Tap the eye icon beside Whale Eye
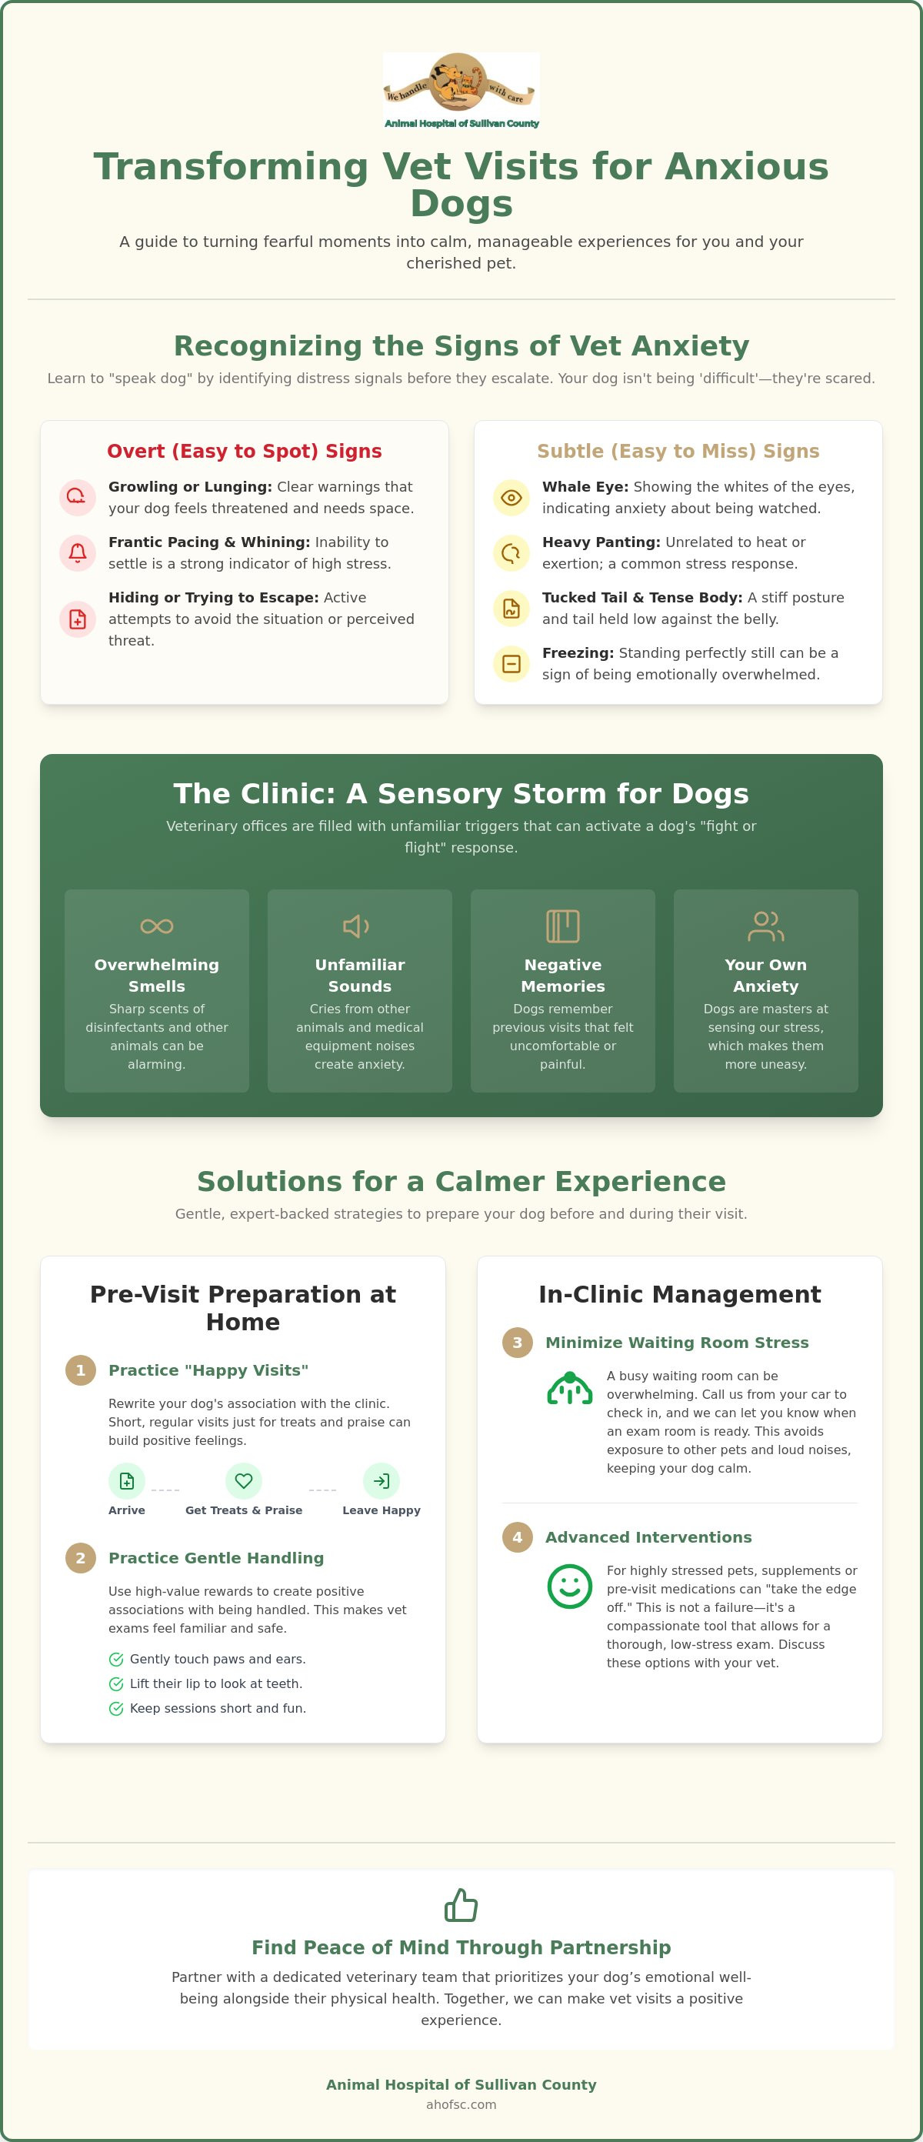tap(511, 498)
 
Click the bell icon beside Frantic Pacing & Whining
tap(78, 553)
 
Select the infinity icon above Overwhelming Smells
tap(157, 926)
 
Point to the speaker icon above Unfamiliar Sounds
tap(357, 926)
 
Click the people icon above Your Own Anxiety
tap(766, 926)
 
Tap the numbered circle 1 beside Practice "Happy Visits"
tap(81, 1370)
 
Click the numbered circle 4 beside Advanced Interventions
tap(517, 1537)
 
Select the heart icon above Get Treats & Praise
tap(244, 1481)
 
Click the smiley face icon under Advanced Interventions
tap(570, 1586)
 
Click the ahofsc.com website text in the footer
tap(461, 2104)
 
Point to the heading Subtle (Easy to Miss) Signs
tap(678, 452)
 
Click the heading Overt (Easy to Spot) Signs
tap(245, 452)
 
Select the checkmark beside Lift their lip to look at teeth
tap(116, 1684)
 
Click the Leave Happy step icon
tap(382, 1481)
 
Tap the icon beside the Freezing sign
tap(511, 663)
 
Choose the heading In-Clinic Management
tap(680, 1295)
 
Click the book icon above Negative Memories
tap(563, 926)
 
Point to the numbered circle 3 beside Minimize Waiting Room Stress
tap(517, 1343)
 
